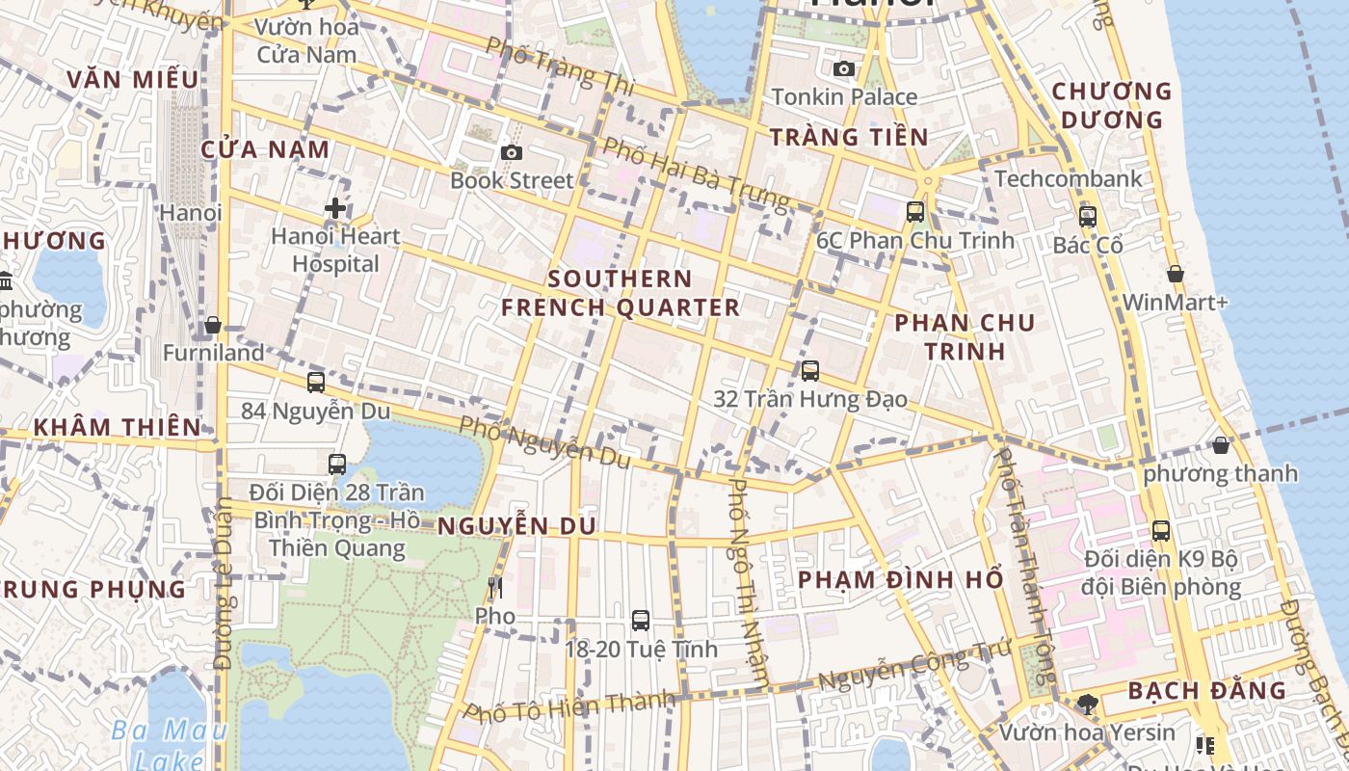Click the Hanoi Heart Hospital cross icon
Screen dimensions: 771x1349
(335, 208)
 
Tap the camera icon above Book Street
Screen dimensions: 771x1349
(512, 152)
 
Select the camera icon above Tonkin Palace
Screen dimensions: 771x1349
(844, 68)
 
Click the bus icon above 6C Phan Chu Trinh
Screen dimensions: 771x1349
(915, 212)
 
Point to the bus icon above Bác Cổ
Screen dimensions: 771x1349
(1088, 217)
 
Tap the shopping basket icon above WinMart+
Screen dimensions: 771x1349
(1175, 275)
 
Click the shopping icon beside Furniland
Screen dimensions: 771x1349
(213, 326)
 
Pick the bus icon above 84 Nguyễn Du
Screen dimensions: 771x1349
(316, 383)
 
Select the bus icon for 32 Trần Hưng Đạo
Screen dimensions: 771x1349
(810, 371)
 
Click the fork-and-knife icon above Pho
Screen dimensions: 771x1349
(495, 587)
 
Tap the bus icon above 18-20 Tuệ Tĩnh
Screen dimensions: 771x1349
(641, 621)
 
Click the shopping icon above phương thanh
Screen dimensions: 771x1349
(1221, 445)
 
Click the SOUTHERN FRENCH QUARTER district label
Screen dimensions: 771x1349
(621, 293)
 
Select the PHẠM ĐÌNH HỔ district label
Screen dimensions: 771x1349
(901, 579)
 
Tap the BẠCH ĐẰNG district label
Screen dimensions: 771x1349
(1206, 690)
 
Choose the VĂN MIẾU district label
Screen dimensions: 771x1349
(134, 79)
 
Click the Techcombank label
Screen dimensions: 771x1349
(1069, 178)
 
